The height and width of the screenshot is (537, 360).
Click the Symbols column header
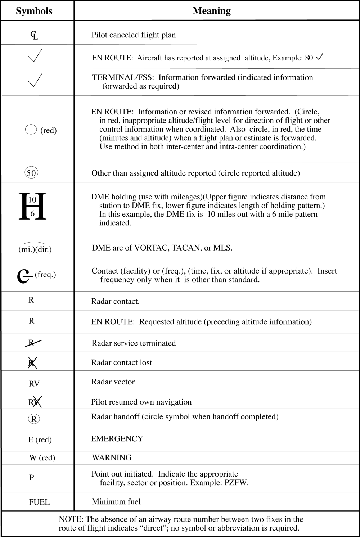pyautogui.click(x=34, y=11)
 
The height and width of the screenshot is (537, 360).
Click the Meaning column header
pyautogui.click(x=212, y=11)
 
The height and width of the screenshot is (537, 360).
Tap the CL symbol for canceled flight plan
pyautogui.click(x=34, y=35)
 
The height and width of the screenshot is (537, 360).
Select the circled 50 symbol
pyautogui.click(x=31, y=173)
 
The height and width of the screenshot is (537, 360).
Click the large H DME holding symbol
pyautogui.click(x=32, y=206)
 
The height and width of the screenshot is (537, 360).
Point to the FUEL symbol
pyautogui.click(x=39, y=502)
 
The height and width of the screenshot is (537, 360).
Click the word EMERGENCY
pyautogui.click(x=117, y=438)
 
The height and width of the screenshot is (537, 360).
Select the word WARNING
pyautogui.click(x=112, y=457)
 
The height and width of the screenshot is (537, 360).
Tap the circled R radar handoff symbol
pyautogui.click(x=34, y=419)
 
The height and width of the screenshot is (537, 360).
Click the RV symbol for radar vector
pyautogui.click(x=34, y=384)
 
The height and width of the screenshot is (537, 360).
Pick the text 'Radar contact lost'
pyautogui.click(x=122, y=362)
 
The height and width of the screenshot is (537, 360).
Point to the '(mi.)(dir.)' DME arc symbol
pyautogui.click(x=35, y=248)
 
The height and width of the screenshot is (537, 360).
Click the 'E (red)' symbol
pyautogui.click(x=40, y=439)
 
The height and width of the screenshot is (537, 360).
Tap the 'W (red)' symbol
pyautogui.click(x=42, y=458)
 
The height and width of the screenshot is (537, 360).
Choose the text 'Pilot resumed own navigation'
pyautogui.click(x=141, y=402)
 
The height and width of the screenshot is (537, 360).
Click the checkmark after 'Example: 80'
pyautogui.click(x=319, y=57)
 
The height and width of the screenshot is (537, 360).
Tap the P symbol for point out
pyautogui.click(x=32, y=478)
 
